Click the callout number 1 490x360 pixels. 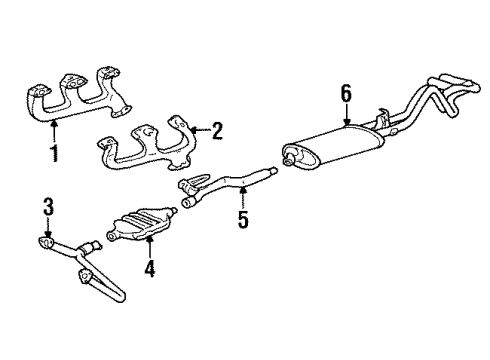click(x=56, y=155)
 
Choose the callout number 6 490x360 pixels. click(x=346, y=93)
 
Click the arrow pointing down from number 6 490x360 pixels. click(x=346, y=115)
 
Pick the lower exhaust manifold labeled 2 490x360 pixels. click(x=150, y=150)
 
